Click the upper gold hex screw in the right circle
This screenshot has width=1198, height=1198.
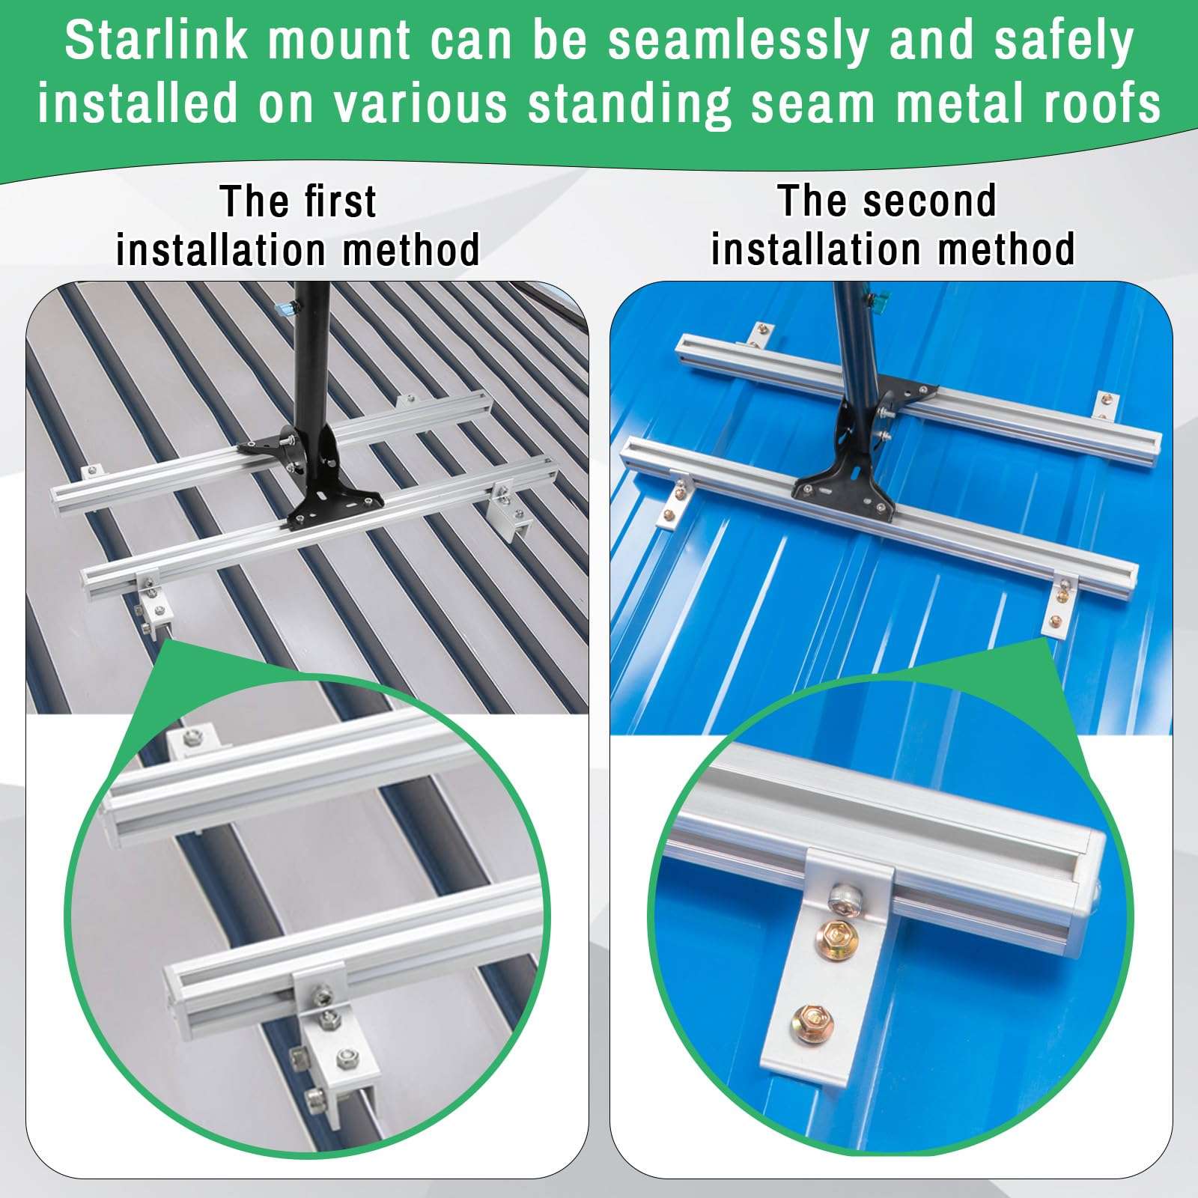(834, 934)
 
